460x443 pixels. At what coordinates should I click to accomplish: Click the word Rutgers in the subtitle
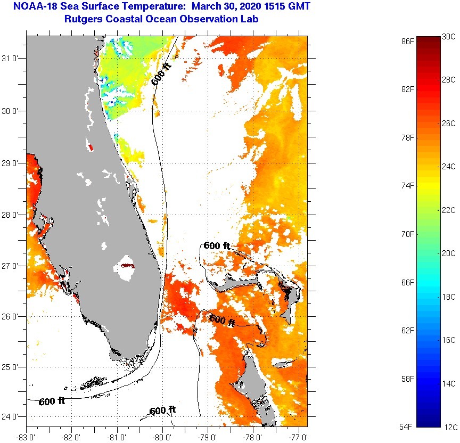(83, 19)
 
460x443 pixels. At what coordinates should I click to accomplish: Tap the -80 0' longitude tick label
(162, 437)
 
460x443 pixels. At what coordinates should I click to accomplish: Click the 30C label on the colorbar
(449, 36)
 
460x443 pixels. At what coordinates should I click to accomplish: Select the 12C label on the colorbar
(449, 426)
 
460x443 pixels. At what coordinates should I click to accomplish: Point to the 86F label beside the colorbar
(408, 40)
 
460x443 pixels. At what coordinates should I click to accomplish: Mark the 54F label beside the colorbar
(408, 426)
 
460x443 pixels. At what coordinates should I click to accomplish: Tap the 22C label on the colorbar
(449, 210)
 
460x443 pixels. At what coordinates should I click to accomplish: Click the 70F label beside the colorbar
(408, 234)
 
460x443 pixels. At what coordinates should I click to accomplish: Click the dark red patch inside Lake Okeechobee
(127, 265)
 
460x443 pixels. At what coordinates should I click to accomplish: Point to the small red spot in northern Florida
(90, 147)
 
